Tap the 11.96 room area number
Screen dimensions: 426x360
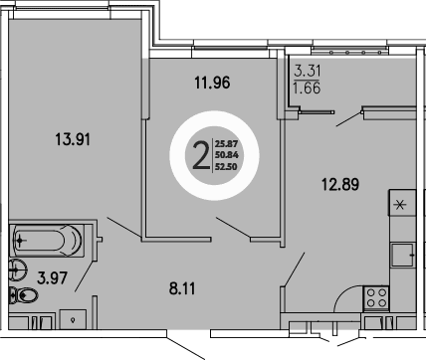(x=211, y=84)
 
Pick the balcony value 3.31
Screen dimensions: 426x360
(x=307, y=71)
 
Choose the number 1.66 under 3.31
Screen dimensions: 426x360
(x=307, y=88)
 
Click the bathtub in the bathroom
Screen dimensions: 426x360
(x=48, y=241)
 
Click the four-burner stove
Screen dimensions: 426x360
(x=376, y=295)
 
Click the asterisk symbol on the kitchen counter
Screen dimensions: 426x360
(x=400, y=205)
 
